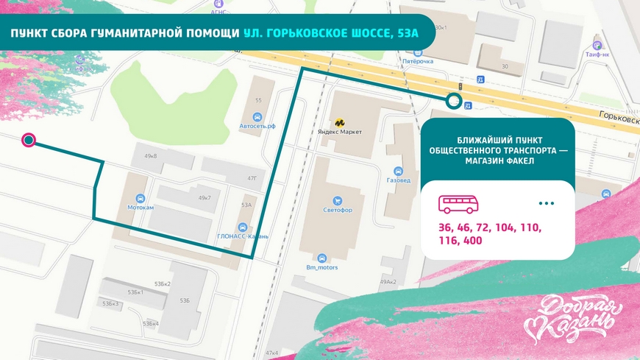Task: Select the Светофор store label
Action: click(337, 209)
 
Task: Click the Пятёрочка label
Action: click(418, 61)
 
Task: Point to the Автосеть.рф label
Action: click(257, 125)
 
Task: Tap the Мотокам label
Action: click(141, 207)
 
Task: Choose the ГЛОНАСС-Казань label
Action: click(243, 236)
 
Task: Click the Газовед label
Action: click(398, 179)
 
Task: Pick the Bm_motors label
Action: click(321, 267)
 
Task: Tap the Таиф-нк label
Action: click(597, 54)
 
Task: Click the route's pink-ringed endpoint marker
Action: click(28, 140)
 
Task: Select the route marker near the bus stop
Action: click(454, 102)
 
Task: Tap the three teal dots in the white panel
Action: click(546, 202)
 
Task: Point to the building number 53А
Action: click(246, 205)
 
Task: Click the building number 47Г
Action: click(252, 177)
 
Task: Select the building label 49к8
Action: click(151, 156)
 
